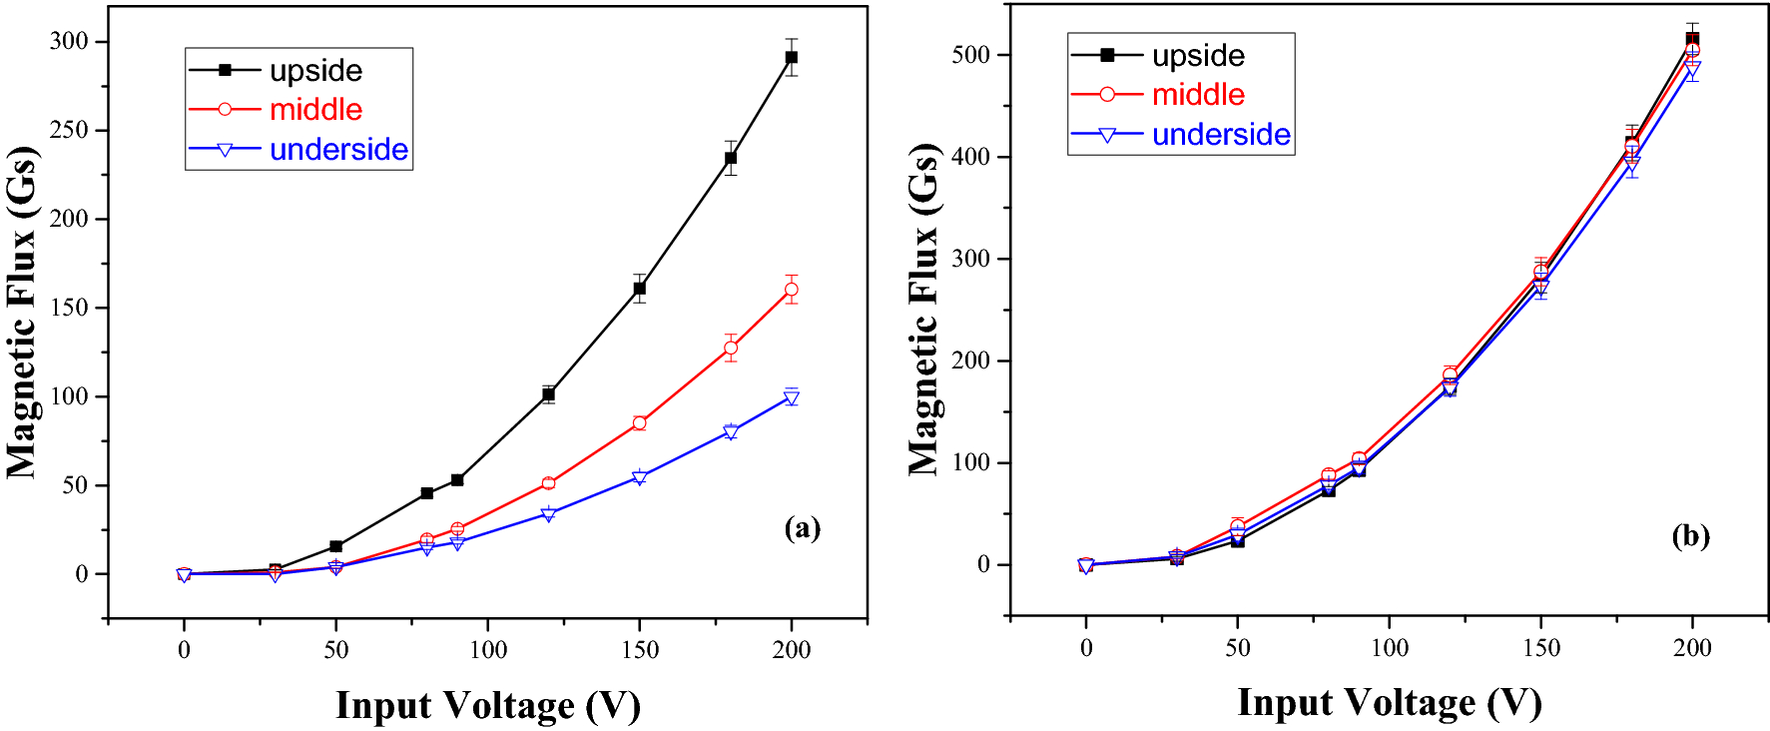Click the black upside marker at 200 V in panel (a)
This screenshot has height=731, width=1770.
point(792,58)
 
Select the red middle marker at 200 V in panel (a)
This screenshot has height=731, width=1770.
point(792,290)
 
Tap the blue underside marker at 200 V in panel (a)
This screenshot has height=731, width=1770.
point(792,398)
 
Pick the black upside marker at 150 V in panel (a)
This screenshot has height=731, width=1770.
point(640,289)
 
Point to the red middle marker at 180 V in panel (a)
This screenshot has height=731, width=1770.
point(731,349)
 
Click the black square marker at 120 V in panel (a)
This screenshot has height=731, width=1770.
point(548,394)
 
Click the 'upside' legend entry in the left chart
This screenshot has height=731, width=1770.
point(315,70)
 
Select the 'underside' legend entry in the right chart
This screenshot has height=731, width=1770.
point(1220,135)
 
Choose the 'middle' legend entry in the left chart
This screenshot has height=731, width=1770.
point(315,110)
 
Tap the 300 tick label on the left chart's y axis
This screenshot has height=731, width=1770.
point(69,41)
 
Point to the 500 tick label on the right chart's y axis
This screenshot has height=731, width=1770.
point(970,54)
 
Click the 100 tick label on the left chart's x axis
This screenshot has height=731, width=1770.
point(488,650)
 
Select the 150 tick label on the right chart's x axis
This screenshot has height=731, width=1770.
point(1541,648)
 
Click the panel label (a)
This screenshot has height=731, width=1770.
point(803,527)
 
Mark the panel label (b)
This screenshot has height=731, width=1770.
point(1690,536)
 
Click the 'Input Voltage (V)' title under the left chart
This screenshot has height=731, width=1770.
point(487,705)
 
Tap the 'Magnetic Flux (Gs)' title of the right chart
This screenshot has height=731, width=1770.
point(924,310)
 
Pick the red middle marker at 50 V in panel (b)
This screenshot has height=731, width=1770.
point(1238,526)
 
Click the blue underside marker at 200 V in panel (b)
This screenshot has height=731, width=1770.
point(1692,69)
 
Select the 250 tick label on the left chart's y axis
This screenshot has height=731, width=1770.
point(69,130)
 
